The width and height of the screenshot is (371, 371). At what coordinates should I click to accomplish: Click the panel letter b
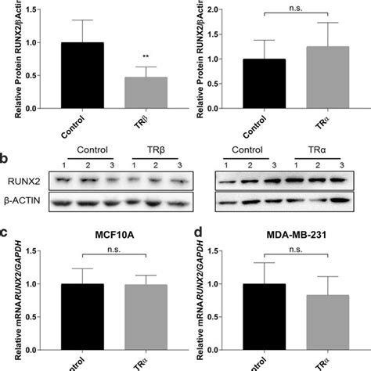tap(5, 157)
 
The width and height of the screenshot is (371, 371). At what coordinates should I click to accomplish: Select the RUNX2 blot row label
tap(23, 181)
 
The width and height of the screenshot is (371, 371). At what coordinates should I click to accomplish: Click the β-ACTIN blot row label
tap(23, 204)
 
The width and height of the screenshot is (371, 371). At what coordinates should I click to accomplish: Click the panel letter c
tap(5, 233)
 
